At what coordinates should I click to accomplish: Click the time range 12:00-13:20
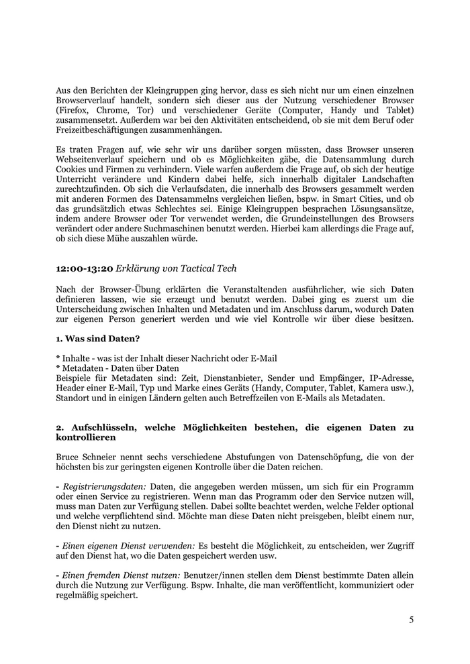[x=84, y=268]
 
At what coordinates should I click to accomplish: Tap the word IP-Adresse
[x=390, y=378]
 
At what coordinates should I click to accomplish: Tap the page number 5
[x=411, y=620]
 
